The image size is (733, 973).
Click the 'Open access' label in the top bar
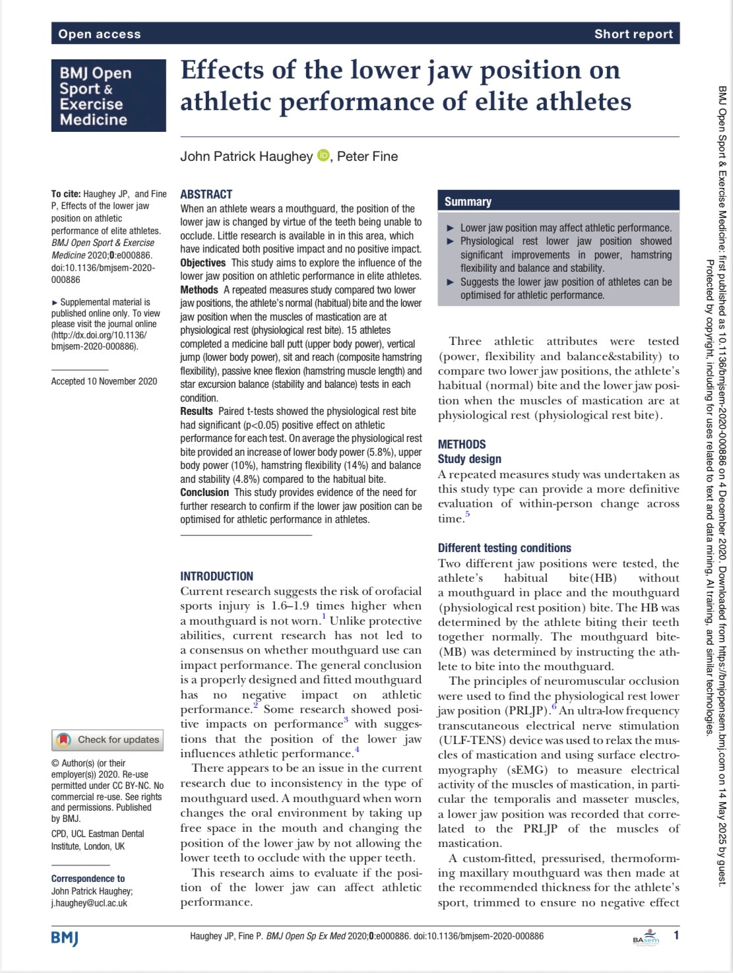pyautogui.click(x=100, y=34)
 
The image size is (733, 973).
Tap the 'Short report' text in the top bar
pyautogui.click(x=633, y=34)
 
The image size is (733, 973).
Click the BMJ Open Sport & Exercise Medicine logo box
pyautogui.click(x=109, y=96)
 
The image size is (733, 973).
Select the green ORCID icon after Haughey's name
pyautogui.click(x=323, y=156)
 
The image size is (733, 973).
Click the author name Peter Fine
pyautogui.click(x=367, y=156)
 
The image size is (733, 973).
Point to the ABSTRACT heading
pyautogui.click(x=207, y=194)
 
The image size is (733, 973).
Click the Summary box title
pyautogui.click(x=468, y=202)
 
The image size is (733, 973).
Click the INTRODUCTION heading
pyautogui.click(x=216, y=576)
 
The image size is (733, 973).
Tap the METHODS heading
pyautogui.click(x=462, y=444)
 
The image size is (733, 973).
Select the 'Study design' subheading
pyautogui.click(x=469, y=458)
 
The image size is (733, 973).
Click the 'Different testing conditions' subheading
pyautogui.click(x=504, y=548)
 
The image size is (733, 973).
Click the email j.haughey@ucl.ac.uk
pyautogui.click(x=90, y=903)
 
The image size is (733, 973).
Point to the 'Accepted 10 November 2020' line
pyautogui.click(x=104, y=381)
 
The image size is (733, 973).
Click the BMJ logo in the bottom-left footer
pyautogui.click(x=65, y=937)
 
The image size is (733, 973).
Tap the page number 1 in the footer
pyautogui.click(x=676, y=935)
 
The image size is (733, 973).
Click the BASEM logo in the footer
pyautogui.click(x=645, y=937)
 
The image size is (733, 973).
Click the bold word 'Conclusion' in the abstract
pyautogui.click(x=205, y=492)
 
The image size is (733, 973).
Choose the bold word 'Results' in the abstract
pyautogui.click(x=197, y=411)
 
